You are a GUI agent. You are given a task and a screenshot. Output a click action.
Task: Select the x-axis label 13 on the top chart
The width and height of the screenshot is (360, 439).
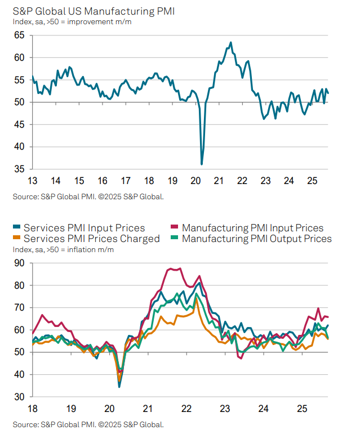[33, 181]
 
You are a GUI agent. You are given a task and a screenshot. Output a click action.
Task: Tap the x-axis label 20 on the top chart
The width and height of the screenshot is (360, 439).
[195, 181]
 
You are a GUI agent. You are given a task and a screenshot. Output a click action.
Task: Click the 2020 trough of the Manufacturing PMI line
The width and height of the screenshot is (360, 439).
[202, 164]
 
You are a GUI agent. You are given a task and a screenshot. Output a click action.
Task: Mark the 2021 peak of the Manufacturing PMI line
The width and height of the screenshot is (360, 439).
[231, 42]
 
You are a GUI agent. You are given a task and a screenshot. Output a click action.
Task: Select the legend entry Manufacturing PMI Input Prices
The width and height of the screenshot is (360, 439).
[253, 228]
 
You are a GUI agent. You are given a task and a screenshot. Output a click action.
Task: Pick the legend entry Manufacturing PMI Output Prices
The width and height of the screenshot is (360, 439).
[257, 239]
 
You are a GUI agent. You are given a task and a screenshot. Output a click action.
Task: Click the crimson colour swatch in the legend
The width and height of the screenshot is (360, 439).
[175, 228]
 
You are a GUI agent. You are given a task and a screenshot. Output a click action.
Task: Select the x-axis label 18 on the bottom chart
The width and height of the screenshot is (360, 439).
[33, 409]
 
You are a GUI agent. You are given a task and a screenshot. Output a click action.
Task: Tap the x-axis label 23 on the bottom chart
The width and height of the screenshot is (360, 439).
[224, 409]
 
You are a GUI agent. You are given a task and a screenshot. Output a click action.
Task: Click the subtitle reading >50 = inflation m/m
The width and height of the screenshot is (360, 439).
[81, 249]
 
